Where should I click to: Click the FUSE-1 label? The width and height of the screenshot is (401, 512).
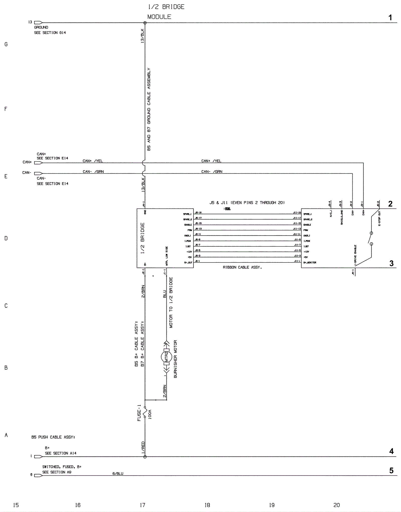[139, 413]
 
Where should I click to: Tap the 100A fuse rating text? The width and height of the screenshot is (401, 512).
[150, 415]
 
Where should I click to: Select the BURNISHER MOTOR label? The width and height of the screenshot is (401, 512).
[175, 359]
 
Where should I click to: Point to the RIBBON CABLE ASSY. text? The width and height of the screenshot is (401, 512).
[242, 267]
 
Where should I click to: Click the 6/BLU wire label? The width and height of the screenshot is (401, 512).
[118, 473]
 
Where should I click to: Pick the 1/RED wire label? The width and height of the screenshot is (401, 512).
[143, 448]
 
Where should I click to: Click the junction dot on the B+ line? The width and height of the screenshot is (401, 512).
[145, 457]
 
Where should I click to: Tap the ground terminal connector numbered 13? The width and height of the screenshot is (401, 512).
[38, 22]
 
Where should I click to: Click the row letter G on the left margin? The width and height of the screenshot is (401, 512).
[6, 44]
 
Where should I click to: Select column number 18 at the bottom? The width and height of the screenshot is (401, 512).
[207, 505]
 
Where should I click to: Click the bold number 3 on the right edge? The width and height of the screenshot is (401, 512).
[391, 263]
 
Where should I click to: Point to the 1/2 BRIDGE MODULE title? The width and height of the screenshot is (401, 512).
[166, 12]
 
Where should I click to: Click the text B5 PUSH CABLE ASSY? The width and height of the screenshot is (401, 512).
[53, 437]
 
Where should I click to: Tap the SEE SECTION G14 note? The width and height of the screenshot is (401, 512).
[50, 33]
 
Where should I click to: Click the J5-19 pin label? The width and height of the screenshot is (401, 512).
[198, 213]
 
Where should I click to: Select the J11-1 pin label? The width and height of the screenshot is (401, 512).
[297, 261]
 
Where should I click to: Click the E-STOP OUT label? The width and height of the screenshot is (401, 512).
[379, 219]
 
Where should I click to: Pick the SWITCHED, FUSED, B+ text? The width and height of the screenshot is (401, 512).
[62, 467]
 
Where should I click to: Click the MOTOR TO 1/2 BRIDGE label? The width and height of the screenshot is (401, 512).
[171, 302]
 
